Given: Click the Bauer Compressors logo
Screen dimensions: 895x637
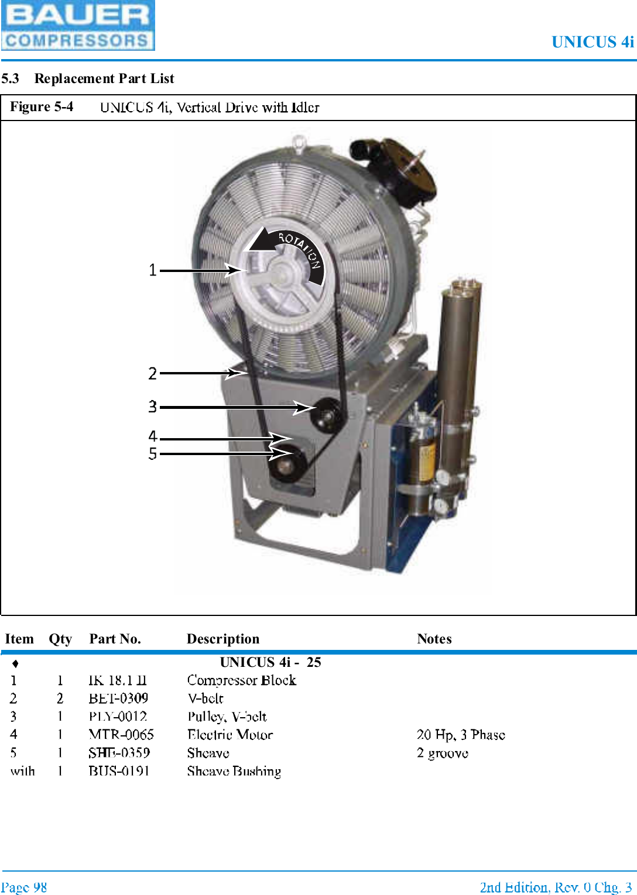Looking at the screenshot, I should pyautogui.click(x=77, y=25).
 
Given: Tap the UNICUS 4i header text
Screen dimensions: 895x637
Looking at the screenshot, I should pyautogui.click(x=592, y=42).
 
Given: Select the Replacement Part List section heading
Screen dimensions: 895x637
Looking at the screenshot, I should pyautogui.click(x=104, y=78).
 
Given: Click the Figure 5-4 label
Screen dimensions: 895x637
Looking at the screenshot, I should pyautogui.click(x=42, y=106).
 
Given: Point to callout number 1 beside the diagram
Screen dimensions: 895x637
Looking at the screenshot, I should pyautogui.click(x=153, y=270).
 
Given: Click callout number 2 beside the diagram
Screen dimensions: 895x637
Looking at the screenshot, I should pyautogui.click(x=153, y=373).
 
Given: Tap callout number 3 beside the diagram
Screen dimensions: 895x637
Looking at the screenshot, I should pyautogui.click(x=153, y=407).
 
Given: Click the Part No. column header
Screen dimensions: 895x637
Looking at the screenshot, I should pyautogui.click(x=115, y=639).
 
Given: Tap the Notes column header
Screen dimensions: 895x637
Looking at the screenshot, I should pyautogui.click(x=434, y=639).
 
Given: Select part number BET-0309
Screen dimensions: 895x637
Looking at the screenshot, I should pyautogui.click(x=118, y=698).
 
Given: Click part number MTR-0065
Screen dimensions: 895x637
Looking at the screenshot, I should pyautogui.click(x=121, y=735).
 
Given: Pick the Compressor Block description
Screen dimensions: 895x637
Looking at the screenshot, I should pyautogui.click(x=241, y=680).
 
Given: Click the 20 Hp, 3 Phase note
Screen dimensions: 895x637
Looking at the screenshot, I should pyautogui.click(x=461, y=735).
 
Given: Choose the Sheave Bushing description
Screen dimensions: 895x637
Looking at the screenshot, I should pyautogui.click(x=234, y=772).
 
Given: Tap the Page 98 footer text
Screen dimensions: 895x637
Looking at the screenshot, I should pyautogui.click(x=24, y=887).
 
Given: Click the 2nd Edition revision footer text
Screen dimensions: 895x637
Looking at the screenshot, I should pyautogui.click(x=555, y=887).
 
